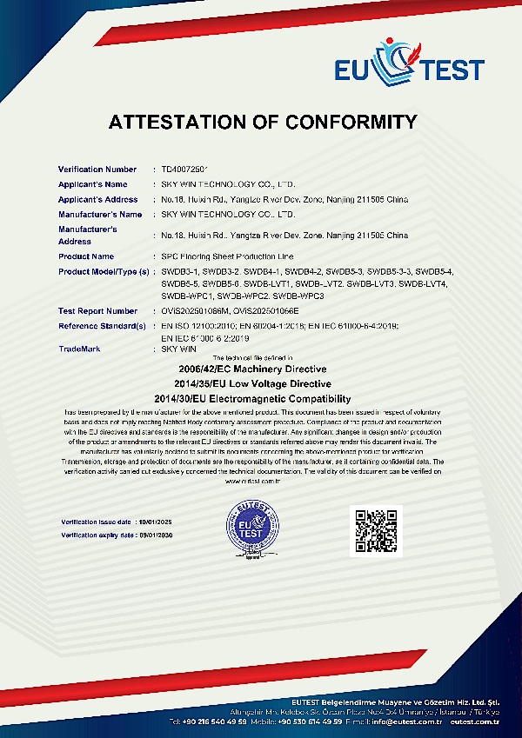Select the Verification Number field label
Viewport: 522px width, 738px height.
click(97, 169)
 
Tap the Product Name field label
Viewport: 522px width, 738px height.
click(86, 256)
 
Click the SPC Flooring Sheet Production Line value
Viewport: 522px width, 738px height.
click(228, 256)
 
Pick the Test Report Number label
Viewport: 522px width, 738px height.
click(97, 310)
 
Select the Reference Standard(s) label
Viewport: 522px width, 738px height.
click(102, 325)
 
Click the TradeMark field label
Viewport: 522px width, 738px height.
click(79, 348)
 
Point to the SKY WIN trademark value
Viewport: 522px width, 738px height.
click(179, 348)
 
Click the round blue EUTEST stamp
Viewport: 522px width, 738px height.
click(253, 528)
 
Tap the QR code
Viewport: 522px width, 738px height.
click(375, 529)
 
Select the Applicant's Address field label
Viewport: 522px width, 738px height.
click(98, 199)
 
